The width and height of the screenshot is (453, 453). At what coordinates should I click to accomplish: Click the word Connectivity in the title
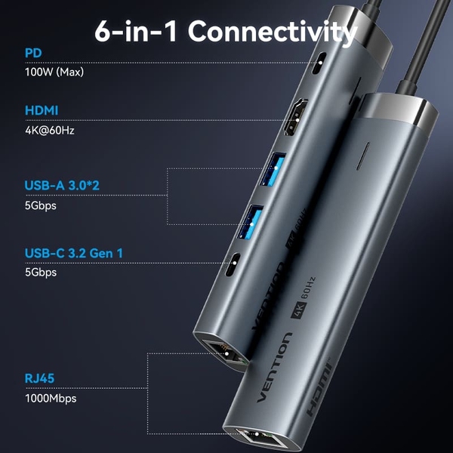tap(273, 32)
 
